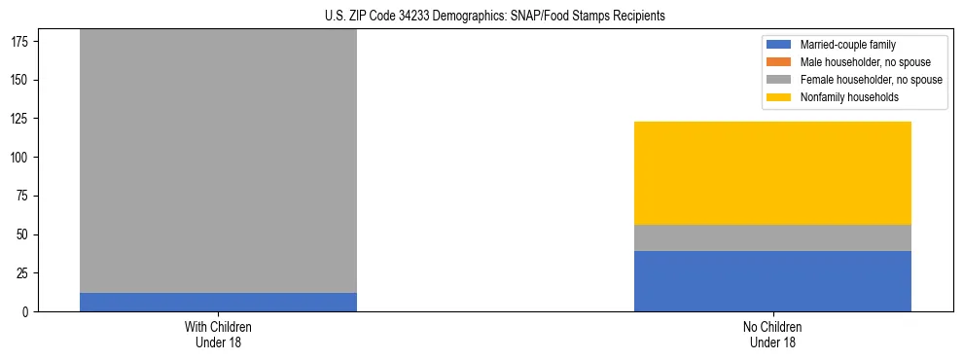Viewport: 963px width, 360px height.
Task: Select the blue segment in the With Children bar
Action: pyautogui.click(x=218, y=302)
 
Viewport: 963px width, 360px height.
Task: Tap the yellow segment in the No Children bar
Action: pyautogui.click(x=772, y=173)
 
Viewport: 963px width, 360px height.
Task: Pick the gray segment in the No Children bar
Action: pyautogui.click(x=772, y=237)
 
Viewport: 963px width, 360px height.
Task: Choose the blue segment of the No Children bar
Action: pyautogui.click(x=772, y=281)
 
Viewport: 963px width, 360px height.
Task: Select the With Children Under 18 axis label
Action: pyautogui.click(x=218, y=334)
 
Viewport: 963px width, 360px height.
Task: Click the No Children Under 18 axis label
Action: pyautogui.click(x=772, y=334)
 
